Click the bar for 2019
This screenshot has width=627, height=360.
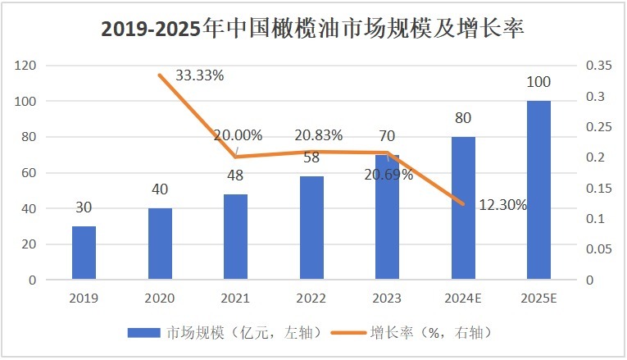(x=84, y=253)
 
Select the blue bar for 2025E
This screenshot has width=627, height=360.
(x=538, y=190)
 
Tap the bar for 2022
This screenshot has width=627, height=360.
(x=311, y=228)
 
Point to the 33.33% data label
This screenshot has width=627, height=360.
(x=198, y=75)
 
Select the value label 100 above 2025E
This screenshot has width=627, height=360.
(x=538, y=83)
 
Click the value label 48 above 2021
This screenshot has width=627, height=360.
(x=236, y=175)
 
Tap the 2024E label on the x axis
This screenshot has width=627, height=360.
(x=462, y=298)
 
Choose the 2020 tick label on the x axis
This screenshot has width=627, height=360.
(x=159, y=298)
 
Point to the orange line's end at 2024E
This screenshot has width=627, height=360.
(x=463, y=204)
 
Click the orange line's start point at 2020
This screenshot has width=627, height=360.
(x=160, y=75)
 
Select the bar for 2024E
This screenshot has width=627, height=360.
(x=462, y=208)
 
